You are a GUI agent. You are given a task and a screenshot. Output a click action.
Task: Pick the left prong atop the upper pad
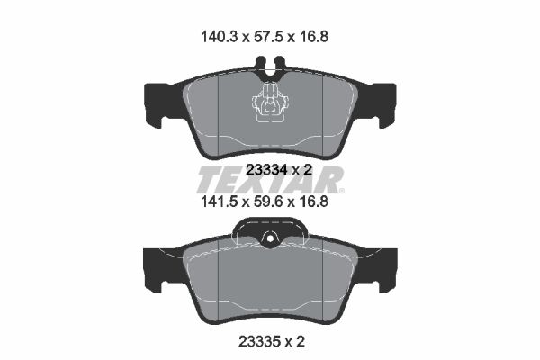[x=260, y=66]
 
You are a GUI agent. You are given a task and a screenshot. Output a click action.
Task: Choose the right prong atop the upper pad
[x=279, y=66]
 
